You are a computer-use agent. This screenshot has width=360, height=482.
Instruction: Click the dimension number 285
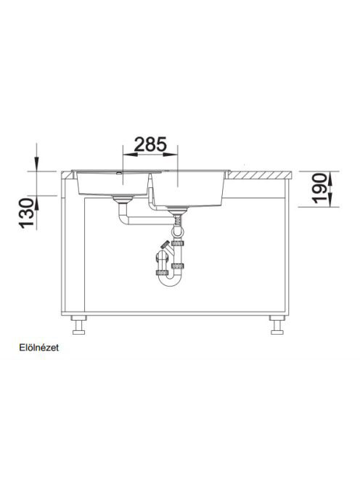coord(150,144)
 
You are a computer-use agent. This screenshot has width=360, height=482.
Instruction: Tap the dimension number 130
coord(27,213)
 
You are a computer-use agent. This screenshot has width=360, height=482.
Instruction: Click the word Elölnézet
coord(38,348)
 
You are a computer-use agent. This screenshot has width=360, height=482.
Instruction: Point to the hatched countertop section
coord(259,175)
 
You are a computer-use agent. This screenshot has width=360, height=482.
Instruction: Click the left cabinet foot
coord(78,325)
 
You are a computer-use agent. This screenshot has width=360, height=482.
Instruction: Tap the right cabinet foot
coord(277,325)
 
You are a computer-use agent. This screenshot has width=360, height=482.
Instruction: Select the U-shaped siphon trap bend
coord(169,279)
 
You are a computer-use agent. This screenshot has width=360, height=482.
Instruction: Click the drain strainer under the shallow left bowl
coord(123,199)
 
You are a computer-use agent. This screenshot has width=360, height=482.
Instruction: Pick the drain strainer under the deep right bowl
coord(177,211)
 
